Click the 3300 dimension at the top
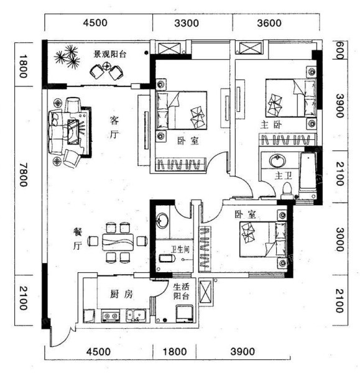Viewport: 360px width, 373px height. [187, 23]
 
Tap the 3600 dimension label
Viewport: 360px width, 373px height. [269, 23]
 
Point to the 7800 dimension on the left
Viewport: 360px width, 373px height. [24, 175]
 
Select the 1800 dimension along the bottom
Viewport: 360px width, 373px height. [175, 352]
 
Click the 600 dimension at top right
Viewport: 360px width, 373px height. [339, 50]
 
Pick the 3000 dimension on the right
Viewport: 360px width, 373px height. [339, 239]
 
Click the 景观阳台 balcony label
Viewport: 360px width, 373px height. [109, 55]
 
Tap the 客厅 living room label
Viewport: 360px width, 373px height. [114, 127]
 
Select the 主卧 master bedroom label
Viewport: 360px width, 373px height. [271, 125]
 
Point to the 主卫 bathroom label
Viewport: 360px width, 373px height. [283, 176]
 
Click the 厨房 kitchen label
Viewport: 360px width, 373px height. [121, 295]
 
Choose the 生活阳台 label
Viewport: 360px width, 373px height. [182, 292]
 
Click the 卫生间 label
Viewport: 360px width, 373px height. [180, 249]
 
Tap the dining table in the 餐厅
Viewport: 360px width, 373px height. [118, 242]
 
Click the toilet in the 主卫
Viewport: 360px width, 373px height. [287, 191]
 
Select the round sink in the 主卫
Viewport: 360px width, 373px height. [277, 161]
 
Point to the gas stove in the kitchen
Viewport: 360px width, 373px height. [111, 316]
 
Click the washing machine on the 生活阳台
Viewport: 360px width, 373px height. [185, 313]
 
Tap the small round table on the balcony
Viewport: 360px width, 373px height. [107, 66]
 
